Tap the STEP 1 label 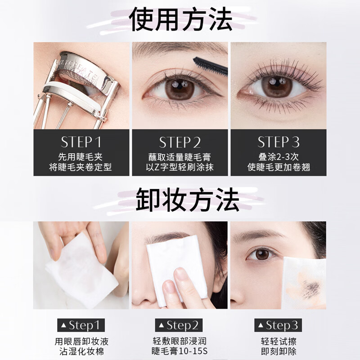pos(81,142)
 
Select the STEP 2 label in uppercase pos(180,142)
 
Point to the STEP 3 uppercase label pos(279,142)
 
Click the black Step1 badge pos(81,325)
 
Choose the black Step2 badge pos(180,325)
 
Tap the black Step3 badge pos(279,325)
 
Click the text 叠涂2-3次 pos(279,157)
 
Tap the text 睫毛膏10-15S pos(180,351)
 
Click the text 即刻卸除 pos(279,351)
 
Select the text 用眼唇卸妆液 pos(81,341)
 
